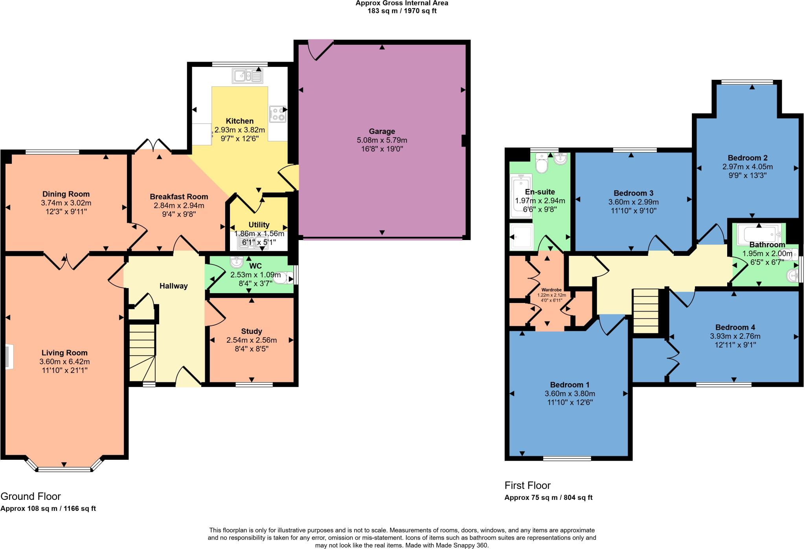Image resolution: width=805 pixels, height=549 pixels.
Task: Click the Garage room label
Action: point(382,131)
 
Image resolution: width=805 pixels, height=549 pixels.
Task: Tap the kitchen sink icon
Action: point(247,76)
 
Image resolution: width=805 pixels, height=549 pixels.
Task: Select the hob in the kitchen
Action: point(278,114)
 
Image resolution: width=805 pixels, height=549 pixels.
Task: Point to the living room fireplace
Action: point(9,357)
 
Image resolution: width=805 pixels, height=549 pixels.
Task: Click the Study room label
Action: point(252,331)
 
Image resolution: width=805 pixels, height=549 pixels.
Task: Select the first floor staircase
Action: point(645,310)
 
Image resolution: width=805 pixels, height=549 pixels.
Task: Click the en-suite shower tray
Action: point(521,237)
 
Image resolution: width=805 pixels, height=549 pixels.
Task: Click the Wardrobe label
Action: point(552,290)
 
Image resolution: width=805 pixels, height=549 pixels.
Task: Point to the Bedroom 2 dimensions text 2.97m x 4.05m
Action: point(747,167)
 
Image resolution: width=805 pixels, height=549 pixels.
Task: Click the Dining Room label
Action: point(66,194)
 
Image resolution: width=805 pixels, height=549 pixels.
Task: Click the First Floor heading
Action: point(527,485)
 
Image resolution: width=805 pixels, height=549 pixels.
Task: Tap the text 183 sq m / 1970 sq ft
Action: point(402,11)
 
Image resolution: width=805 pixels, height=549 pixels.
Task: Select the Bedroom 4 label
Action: point(735,327)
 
